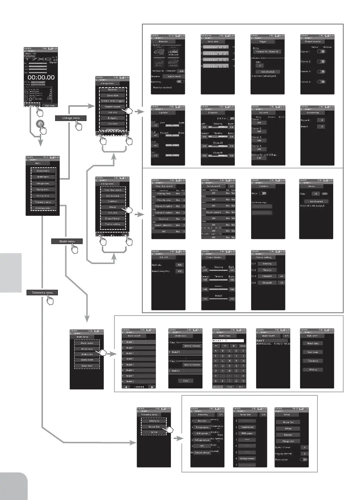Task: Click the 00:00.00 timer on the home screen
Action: pos(41,77)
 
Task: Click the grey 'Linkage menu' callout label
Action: pos(71,118)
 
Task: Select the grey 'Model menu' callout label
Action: pos(67,241)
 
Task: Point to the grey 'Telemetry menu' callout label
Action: pos(42,293)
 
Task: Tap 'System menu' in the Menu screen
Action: pos(43,171)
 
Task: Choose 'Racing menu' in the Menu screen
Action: pos(43,190)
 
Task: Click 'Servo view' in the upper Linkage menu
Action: pos(112,95)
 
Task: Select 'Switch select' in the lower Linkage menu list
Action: pos(112,196)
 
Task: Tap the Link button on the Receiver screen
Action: pos(181,71)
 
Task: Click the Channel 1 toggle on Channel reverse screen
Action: pos(321,51)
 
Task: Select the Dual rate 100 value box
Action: pos(180,265)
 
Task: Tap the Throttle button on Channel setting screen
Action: pos(267,270)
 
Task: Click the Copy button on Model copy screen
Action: pos(186,381)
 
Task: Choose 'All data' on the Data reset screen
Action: pos(313,370)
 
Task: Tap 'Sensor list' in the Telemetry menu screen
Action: pos(154,426)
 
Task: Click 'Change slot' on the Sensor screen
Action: pos(288,441)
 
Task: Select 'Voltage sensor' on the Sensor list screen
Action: pos(247,459)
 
